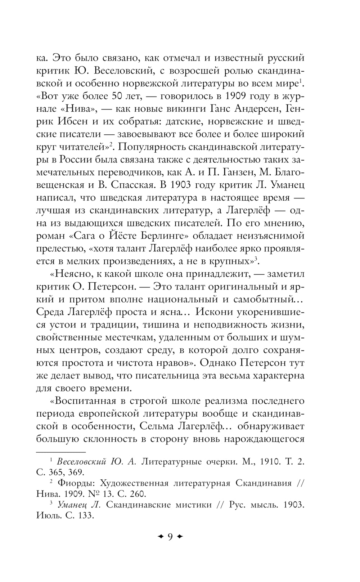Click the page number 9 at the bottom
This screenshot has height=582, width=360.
[170, 537]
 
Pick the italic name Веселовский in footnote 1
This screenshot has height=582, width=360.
[81, 461]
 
